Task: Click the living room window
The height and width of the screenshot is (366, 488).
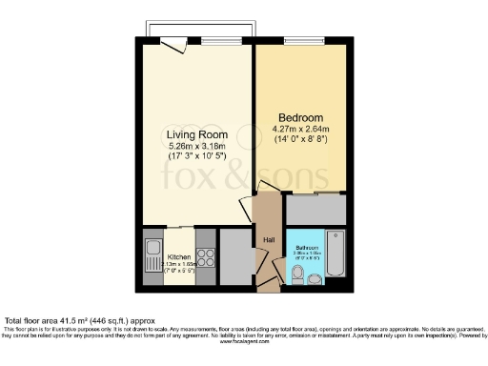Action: [213, 41]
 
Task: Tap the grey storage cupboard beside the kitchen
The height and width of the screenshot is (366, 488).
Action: [234, 257]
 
